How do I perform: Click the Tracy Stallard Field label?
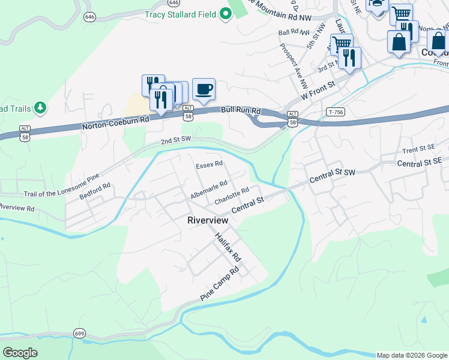pos(179,14)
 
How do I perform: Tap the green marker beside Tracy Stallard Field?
pos(226,14)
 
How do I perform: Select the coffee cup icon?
pos(204,89)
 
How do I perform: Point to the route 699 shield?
pos(79,333)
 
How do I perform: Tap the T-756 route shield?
pos(336,112)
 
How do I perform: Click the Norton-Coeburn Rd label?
pos(115,124)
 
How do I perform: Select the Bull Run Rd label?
pos(241,110)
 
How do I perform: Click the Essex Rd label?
pos(209,163)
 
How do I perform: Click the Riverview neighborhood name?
pos(208,220)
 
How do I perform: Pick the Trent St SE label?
pos(418,148)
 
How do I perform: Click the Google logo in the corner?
pos(20,352)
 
